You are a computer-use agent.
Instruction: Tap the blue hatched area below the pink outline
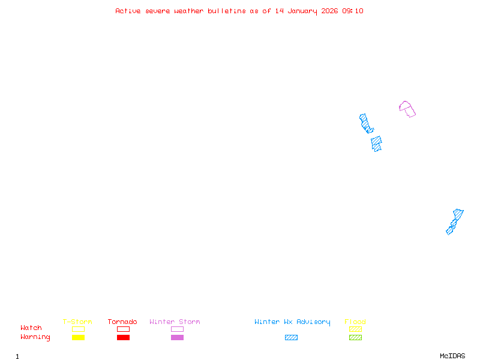click(376, 143)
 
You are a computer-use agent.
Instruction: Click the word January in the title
click(302, 11)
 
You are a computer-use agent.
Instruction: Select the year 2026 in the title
click(329, 11)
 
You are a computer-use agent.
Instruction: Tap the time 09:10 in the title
click(353, 11)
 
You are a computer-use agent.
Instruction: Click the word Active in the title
click(128, 11)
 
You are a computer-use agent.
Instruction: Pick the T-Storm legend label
click(77, 322)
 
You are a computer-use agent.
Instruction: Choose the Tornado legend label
click(122, 322)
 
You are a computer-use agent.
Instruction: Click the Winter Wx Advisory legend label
click(292, 322)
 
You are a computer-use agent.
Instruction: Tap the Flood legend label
click(355, 322)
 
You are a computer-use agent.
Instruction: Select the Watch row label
click(31, 328)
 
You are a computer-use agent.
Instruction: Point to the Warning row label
click(35, 337)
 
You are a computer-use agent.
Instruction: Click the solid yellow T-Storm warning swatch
click(79, 337)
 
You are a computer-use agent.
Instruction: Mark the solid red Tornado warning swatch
click(124, 337)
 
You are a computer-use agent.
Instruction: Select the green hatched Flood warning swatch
click(355, 337)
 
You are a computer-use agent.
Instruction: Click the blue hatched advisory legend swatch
click(291, 337)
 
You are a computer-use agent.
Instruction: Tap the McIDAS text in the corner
click(452, 356)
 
